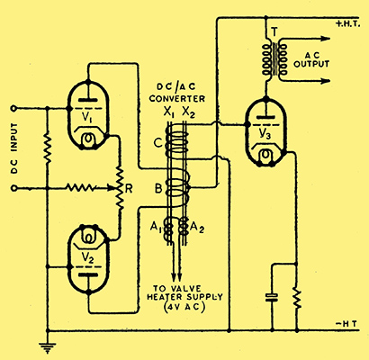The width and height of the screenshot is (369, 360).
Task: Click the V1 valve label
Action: coord(87,117)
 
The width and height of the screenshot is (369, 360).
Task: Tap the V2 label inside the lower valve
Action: coord(88,256)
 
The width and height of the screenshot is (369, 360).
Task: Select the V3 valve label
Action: coord(265,135)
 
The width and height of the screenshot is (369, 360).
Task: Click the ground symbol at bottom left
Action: coord(48,347)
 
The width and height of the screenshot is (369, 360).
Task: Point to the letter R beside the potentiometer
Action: coord(129,188)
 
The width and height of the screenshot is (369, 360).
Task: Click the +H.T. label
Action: coord(348,24)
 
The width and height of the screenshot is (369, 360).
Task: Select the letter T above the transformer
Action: coord(274,31)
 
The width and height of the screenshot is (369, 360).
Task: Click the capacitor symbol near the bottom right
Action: coord(272,297)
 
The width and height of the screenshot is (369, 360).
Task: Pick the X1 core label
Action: coord(168,112)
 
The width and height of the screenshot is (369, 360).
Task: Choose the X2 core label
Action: coord(189,112)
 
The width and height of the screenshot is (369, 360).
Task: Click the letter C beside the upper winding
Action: coord(158,143)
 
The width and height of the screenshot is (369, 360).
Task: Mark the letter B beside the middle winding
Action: coord(158,189)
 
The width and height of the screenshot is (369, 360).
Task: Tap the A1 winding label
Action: coord(156,229)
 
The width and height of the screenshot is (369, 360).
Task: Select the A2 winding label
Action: coord(197,228)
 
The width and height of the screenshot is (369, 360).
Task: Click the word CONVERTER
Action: coord(177,98)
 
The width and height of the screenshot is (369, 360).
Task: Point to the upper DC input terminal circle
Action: coord(13,108)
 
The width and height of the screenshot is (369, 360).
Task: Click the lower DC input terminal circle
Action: coord(13,188)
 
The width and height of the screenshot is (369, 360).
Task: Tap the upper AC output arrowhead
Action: coord(326,39)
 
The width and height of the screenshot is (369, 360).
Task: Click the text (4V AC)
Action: coord(184,308)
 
